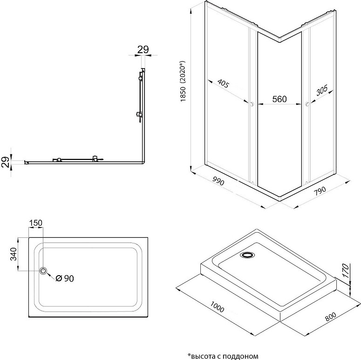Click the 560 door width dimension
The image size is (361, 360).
279,99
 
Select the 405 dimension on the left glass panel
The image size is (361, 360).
223,83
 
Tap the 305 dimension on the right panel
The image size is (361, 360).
321,90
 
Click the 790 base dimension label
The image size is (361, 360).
320,191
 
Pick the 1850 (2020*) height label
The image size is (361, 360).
183,81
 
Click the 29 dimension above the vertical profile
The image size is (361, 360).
143,49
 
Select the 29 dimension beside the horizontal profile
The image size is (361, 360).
5,162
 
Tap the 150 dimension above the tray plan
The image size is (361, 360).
36,223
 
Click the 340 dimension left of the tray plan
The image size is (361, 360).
14,254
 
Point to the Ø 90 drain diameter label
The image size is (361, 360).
65,278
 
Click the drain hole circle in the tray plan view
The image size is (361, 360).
43,270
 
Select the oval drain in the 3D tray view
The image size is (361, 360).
247,255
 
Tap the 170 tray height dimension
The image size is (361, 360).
346,271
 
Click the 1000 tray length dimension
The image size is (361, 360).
217,307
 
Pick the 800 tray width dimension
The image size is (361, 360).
331,317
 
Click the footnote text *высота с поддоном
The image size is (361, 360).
223,356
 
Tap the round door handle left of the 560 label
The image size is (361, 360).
252,104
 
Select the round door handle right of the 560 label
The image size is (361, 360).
307,104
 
